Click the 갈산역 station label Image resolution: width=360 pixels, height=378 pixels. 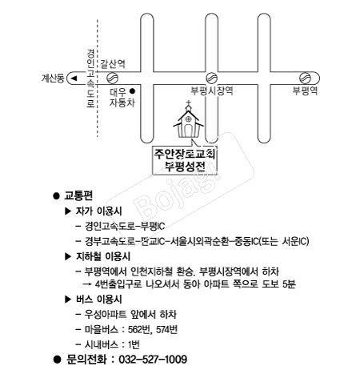[113, 64]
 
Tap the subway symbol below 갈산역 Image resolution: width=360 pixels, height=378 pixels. [112, 78]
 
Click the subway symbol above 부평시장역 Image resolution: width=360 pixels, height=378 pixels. [212, 78]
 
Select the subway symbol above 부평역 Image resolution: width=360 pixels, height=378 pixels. [305, 78]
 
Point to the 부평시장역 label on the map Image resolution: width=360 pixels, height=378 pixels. [212, 90]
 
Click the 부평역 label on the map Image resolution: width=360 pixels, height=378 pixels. [305, 90]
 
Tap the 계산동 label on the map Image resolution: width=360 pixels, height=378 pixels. [53, 78]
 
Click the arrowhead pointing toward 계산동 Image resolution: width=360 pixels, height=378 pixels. [74, 78]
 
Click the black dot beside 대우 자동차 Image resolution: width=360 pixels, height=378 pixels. [132, 91]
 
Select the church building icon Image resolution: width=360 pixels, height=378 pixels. [188, 119]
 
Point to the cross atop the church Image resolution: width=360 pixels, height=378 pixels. [188, 103]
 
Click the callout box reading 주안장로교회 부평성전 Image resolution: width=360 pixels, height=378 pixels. [185, 160]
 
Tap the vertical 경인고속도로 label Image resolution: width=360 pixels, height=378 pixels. [90, 78]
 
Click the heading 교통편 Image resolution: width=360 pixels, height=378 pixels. [78, 195]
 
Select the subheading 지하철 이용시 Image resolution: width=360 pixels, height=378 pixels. [103, 256]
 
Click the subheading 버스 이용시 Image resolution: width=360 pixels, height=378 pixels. [99, 300]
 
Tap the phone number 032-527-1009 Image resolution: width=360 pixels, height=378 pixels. [153, 360]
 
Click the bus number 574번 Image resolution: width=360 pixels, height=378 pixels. [167, 330]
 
